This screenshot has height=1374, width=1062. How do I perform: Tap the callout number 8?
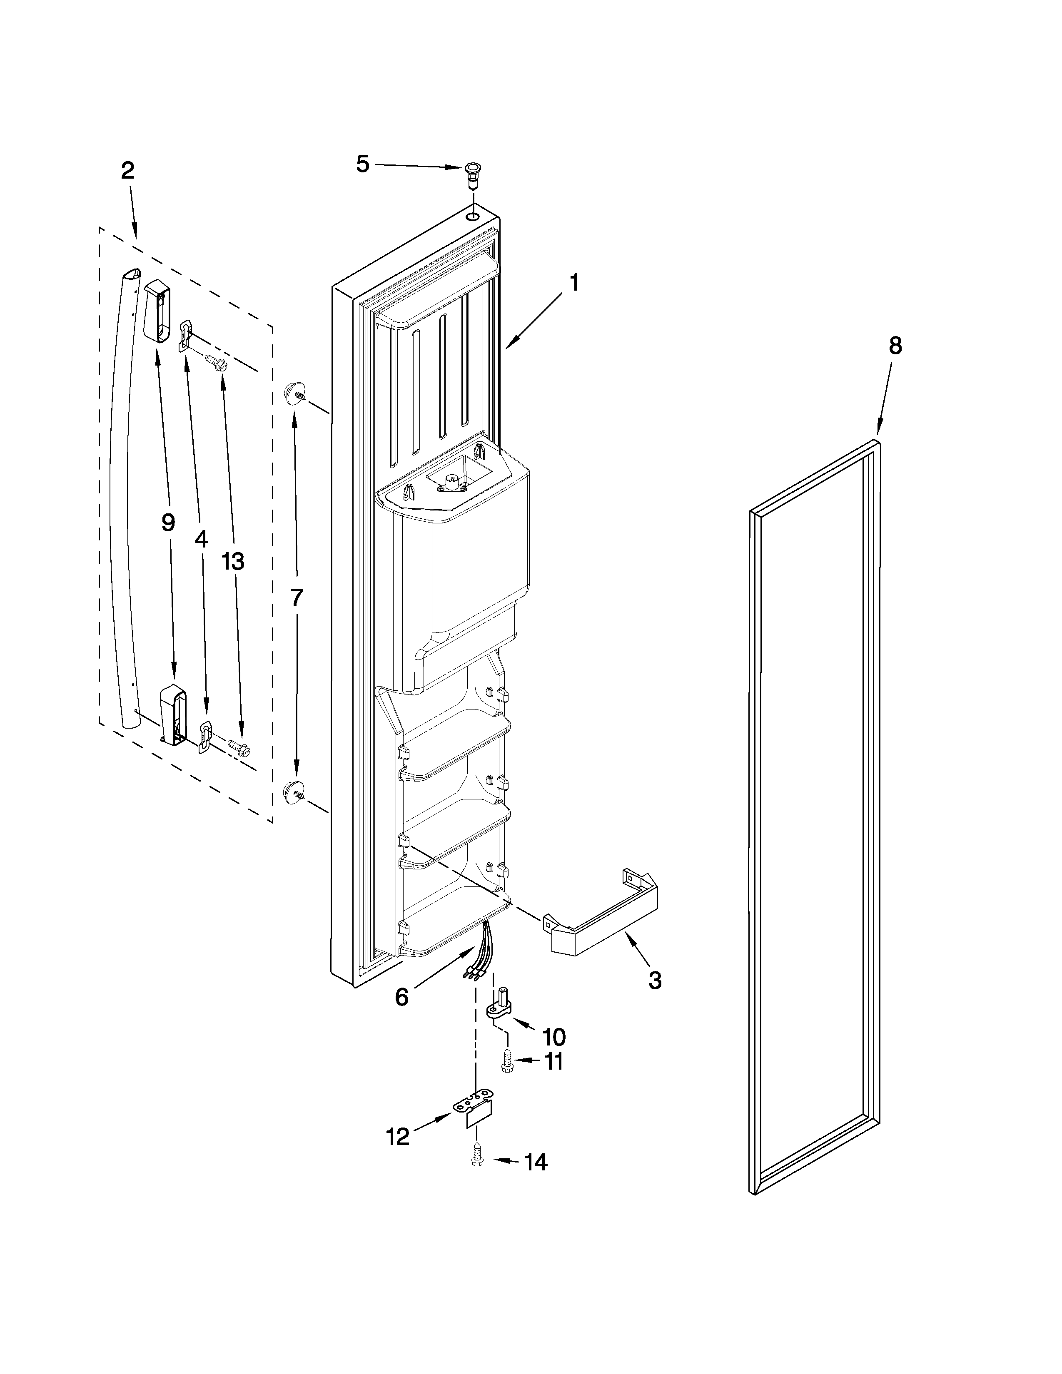895,346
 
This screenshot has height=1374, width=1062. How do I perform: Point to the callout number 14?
536,1162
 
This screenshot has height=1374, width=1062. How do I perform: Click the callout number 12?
398,1136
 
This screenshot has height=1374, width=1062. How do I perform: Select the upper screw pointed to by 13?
218,361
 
